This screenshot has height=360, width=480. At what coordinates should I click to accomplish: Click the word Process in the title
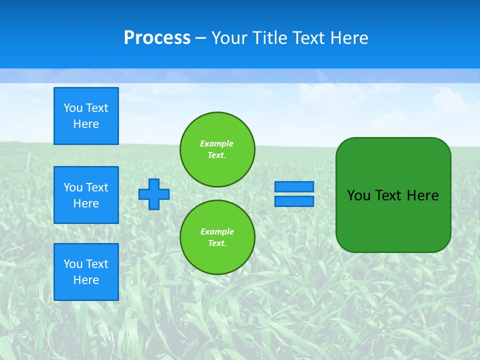click(x=157, y=38)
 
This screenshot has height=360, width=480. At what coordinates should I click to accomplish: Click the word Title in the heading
click(x=271, y=38)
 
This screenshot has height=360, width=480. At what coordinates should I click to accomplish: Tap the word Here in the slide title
click(x=348, y=38)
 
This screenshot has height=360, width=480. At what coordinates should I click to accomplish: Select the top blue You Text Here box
click(x=86, y=116)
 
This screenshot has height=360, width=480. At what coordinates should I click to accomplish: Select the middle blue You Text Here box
click(x=86, y=195)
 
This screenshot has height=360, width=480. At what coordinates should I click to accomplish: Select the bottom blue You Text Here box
click(x=86, y=272)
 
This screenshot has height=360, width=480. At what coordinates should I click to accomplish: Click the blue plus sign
click(x=154, y=194)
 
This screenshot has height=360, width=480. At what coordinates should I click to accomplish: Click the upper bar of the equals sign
click(x=294, y=186)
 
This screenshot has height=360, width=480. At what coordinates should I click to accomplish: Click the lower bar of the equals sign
click(x=294, y=201)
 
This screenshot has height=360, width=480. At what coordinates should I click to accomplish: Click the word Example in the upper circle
click(x=216, y=143)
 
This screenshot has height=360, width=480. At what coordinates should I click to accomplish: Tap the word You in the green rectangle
click(x=358, y=195)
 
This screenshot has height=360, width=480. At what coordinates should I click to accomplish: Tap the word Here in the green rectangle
click(x=422, y=195)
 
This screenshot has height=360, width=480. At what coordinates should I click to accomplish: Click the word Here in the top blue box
click(x=86, y=124)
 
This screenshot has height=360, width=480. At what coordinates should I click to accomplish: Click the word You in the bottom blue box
click(x=73, y=264)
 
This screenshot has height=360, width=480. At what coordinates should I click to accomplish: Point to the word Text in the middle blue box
click(x=97, y=187)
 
